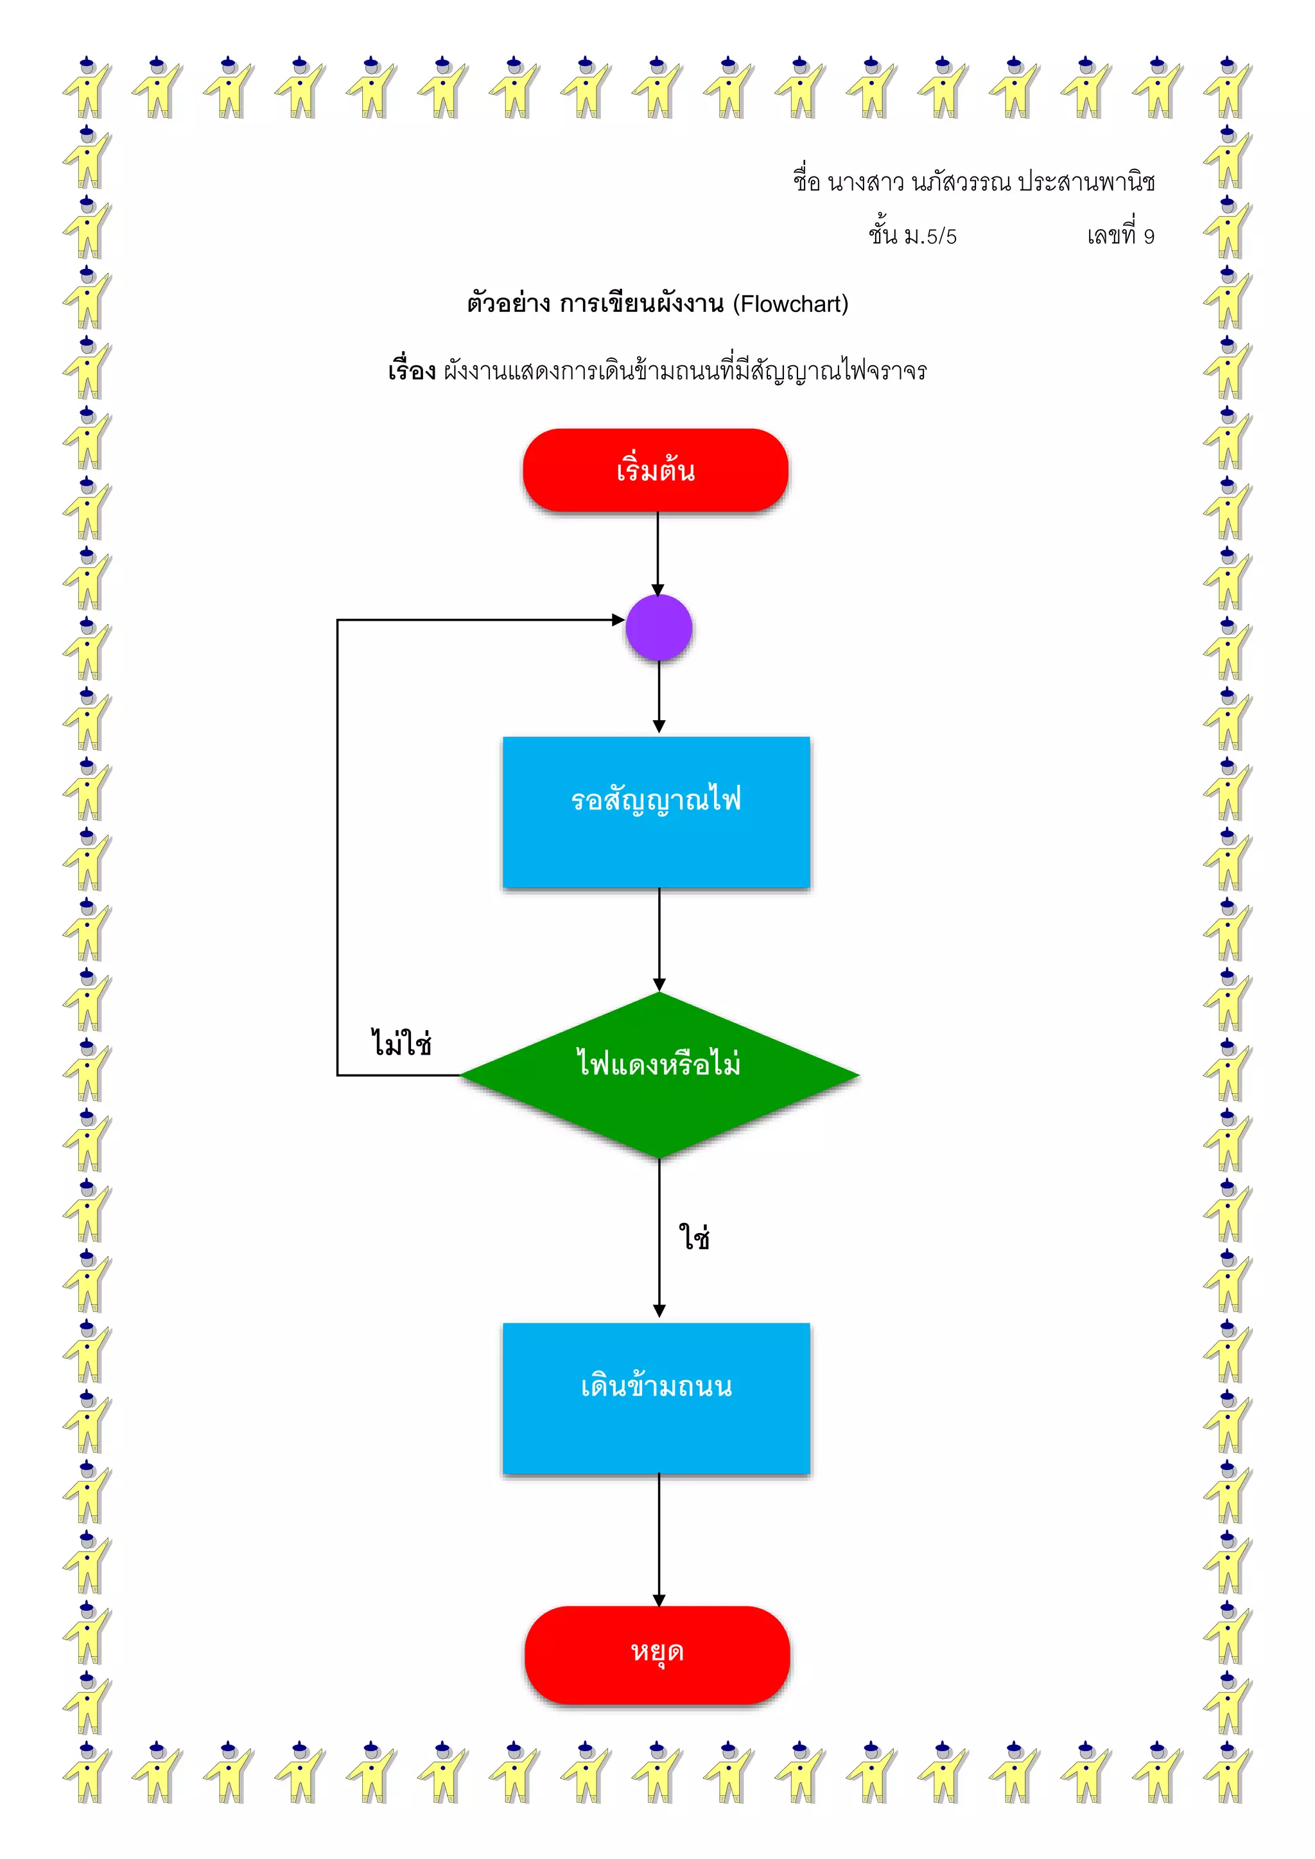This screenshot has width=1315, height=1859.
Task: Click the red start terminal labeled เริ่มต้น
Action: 655,471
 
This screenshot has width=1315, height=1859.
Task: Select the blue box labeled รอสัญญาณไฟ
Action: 656,811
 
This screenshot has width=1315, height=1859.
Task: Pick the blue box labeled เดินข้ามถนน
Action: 656,1398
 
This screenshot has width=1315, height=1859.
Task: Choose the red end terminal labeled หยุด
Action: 657,1654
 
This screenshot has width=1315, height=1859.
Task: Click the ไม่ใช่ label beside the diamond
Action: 401,1043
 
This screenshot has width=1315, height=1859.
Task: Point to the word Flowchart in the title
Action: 790,304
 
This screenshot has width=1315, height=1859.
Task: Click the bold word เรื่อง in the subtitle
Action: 412,372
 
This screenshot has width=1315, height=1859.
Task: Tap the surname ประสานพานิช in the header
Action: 1086,182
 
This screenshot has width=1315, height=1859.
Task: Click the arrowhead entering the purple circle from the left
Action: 618,620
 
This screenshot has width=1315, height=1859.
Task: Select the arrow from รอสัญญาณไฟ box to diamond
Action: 659,939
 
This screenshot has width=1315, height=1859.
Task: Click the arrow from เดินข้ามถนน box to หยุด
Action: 659,1539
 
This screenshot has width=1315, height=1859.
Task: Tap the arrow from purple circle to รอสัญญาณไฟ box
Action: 659,696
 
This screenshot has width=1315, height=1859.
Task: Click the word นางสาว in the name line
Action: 865,183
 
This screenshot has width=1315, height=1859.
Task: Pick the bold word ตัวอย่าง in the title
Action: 508,304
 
